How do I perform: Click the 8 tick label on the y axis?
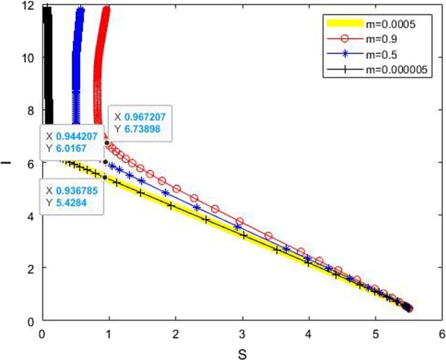tap(31, 110)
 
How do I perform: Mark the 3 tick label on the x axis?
tap(242, 333)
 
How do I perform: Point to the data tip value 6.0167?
tap(70, 147)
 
